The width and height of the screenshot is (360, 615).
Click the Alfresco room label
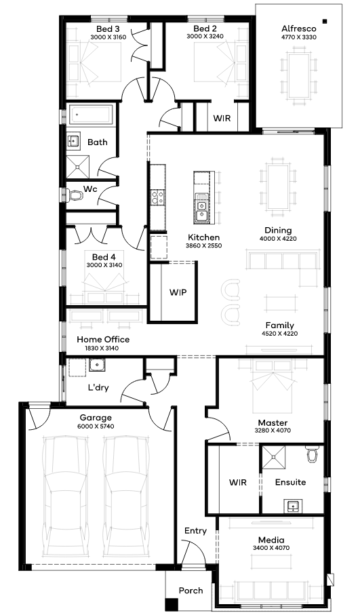[299, 28]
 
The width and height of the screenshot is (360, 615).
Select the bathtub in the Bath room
[92, 115]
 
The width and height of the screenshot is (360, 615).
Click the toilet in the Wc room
[75, 195]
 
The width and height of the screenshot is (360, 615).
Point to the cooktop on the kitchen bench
[158, 197]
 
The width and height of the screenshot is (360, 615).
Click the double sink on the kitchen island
[202, 211]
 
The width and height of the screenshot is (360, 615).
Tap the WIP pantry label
[178, 292]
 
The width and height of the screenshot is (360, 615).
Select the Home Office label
[103, 340]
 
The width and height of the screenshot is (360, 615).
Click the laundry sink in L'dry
[96, 365]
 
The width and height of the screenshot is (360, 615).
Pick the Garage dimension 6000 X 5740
[96, 426]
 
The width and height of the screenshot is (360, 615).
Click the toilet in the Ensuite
[312, 454]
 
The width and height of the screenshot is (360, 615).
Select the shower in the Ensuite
[274, 456]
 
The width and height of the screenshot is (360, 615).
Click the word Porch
[191, 591]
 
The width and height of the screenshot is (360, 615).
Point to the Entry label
[195, 531]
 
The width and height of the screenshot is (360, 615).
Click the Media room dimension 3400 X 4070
[271, 548]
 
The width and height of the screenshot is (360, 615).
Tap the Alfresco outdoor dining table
[299, 75]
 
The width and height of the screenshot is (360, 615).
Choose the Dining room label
[278, 231]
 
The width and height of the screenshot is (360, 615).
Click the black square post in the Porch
[171, 604]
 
